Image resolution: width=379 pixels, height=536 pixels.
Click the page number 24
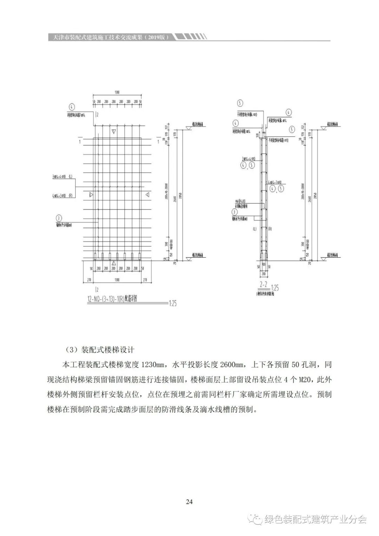click(x=189, y=502)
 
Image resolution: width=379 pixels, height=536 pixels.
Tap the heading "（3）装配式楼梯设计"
click(x=100, y=350)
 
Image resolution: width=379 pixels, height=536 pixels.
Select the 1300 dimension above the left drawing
click(x=117, y=92)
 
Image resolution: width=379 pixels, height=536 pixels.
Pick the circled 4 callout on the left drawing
click(x=71, y=107)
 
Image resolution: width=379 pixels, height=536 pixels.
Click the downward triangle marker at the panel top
click(x=113, y=131)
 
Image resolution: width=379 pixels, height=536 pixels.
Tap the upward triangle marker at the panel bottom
click(x=113, y=263)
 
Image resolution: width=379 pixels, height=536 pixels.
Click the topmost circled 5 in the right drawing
click(x=240, y=103)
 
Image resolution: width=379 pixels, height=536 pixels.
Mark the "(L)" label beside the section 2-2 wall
click(x=254, y=229)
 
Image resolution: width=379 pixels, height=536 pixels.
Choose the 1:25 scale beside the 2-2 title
click(x=275, y=288)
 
